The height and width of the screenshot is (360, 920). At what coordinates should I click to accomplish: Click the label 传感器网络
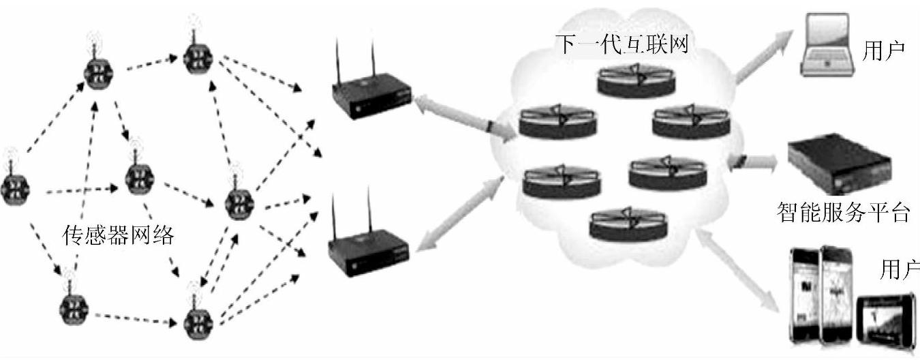coord(119,237)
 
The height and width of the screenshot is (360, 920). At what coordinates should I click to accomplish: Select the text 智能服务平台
coord(843,212)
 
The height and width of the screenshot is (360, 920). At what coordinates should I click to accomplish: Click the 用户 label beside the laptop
coord(884,50)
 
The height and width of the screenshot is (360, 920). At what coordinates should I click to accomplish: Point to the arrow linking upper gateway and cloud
coord(463,119)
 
